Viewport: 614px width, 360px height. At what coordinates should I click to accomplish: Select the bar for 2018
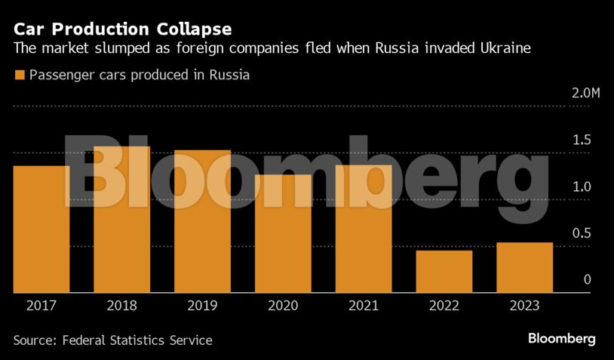pos(121,219)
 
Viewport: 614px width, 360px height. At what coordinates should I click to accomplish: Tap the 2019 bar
pos(202,221)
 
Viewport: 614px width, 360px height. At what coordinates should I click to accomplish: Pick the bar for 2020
pos(283,233)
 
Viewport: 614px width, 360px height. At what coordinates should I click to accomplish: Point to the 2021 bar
pos(364,229)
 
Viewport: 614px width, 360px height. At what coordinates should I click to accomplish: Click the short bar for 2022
pos(444,271)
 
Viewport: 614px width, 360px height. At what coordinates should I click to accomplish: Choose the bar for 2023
pos(524,267)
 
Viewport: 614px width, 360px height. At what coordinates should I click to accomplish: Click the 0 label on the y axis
pos(586,280)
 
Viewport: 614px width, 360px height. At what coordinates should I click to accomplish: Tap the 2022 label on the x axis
pos(444,306)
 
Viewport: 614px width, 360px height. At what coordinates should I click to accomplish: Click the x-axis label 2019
pos(202,306)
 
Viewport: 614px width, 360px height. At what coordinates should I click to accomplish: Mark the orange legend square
pos(19,75)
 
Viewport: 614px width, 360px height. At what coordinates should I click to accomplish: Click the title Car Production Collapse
pos(122,29)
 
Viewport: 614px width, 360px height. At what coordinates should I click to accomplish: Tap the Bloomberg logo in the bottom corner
pos(561,338)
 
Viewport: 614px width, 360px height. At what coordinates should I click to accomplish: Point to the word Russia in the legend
pos(229,75)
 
